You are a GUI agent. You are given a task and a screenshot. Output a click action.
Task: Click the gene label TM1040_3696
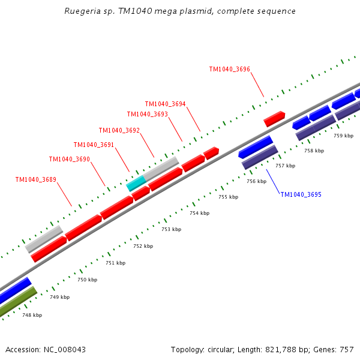coord(229,70)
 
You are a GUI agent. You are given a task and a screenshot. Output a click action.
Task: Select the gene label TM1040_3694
coord(165,104)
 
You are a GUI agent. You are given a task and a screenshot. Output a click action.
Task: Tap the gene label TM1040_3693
coord(147,114)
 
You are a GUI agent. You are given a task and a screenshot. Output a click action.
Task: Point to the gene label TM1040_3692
coord(119,130)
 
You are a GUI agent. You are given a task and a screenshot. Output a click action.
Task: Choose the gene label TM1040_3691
coord(94,145)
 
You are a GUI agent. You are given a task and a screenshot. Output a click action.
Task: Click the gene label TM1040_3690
coord(69,159)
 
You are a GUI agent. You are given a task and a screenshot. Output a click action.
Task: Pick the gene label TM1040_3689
coord(35,179)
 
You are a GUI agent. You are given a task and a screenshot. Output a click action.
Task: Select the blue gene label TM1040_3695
coord(301,194)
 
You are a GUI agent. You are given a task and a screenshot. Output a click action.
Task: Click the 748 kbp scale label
coord(32,315)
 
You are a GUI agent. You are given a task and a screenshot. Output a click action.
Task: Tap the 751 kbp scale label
coord(116,263)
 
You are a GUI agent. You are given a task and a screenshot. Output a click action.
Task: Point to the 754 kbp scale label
coord(200,213)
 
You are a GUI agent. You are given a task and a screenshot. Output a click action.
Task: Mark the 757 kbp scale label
coord(286,166)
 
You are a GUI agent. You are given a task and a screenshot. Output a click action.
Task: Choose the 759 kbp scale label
coord(344,136)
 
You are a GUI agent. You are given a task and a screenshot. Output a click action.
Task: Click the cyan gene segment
coord(136,183)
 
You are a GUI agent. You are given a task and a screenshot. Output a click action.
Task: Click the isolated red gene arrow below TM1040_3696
coord(274,119)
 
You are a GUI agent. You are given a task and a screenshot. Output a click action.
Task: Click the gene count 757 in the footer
coord(346,349)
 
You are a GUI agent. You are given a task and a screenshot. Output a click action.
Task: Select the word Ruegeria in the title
coord(81,11)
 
